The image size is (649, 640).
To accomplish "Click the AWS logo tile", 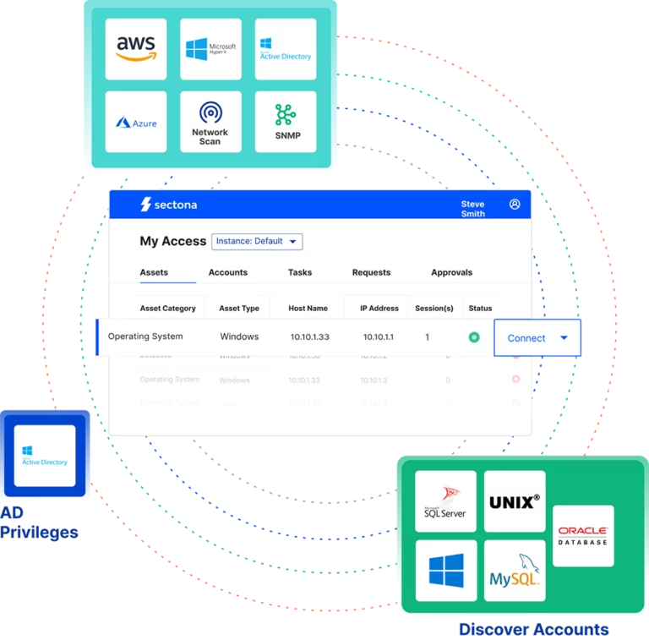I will (x=137, y=49).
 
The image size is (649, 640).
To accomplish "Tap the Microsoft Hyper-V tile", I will (x=210, y=49).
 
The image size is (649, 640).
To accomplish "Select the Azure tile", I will (x=137, y=122).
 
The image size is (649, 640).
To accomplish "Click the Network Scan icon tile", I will (x=210, y=122).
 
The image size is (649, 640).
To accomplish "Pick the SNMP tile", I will (x=286, y=122).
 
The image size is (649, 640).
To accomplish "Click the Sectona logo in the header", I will (x=168, y=205).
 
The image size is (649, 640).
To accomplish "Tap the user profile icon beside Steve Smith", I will (x=515, y=205).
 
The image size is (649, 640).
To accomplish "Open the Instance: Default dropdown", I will (x=257, y=241).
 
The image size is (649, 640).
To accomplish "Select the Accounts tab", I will (x=228, y=272).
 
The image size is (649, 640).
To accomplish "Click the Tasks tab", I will (x=300, y=272).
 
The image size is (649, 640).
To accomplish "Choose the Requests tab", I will (x=371, y=272).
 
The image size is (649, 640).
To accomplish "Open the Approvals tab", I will (x=451, y=272).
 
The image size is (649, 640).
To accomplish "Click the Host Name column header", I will (x=308, y=309).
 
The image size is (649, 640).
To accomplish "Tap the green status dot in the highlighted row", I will (x=474, y=337).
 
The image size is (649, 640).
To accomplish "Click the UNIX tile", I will (x=515, y=501).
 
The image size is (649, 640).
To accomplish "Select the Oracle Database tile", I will (x=583, y=535).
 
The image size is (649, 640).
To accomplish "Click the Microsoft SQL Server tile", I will (x=446, y=501).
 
